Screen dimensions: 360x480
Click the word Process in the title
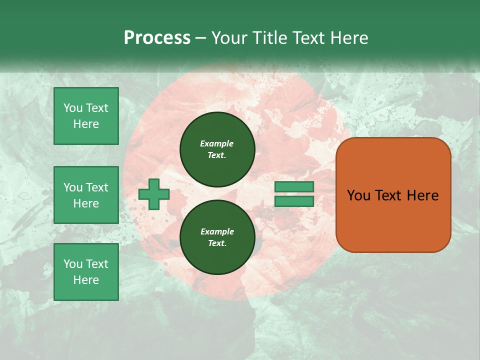point(157,38)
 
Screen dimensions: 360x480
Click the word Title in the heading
point(268,38)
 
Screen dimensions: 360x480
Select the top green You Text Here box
point(86,116)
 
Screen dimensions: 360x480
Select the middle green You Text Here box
point(86,195)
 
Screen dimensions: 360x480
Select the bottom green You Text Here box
point(86,272)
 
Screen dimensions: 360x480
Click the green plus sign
point(154,193)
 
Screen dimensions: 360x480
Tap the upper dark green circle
point(217,149)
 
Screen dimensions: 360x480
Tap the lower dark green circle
point(217,237)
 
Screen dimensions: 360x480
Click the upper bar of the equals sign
point(294,186)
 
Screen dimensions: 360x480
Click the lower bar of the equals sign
point(294,201)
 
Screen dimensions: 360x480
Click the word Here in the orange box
point(422,195)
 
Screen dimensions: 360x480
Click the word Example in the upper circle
point(217,143)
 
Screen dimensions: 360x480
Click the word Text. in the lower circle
point(217,243)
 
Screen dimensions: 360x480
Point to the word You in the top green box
point(73,108)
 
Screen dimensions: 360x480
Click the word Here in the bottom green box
point(86,280)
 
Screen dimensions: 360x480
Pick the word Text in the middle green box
point(97,187)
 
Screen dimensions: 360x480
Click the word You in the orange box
point(358,195)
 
